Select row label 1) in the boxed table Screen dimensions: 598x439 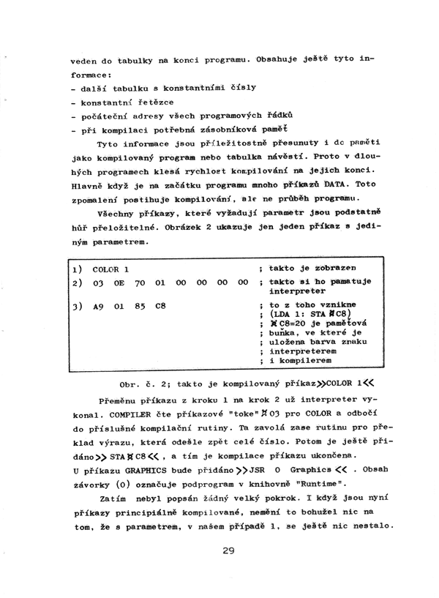coord(76,269)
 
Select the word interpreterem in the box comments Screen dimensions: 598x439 coord(301,350)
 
